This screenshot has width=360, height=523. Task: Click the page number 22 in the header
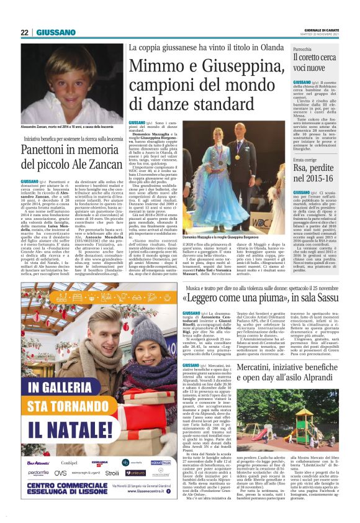point(24,32)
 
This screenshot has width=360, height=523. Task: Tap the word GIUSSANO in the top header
point(55,32)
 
